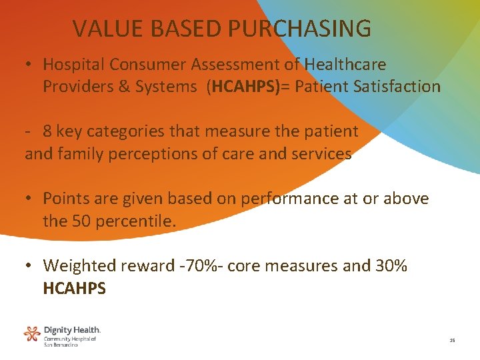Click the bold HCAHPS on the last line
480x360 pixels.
tap(75, 288)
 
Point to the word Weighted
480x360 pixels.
tap(79, 265)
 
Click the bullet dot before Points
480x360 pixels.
tap(29, 199)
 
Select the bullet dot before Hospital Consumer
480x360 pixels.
tap(29, 65)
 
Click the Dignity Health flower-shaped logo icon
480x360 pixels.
tap(32, 333)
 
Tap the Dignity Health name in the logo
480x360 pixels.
tap(72, 330)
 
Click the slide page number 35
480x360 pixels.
tap(452, 341)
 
